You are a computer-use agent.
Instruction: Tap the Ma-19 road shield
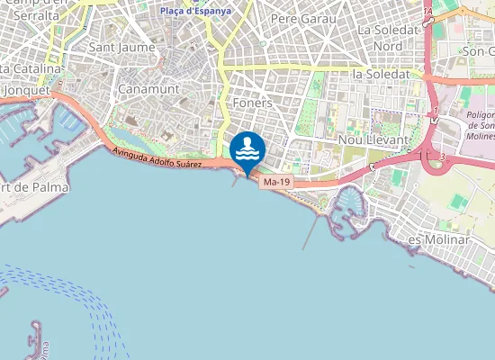pos(276,182)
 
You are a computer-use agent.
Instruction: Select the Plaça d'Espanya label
pos(194,11)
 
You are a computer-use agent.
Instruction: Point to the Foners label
pos(252,103)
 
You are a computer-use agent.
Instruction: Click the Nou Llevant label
pos(373,140)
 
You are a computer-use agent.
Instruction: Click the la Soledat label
pos(382,74)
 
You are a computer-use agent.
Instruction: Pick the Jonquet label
pos(24,91)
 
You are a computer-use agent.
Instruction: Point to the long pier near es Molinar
pos(310,233)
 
